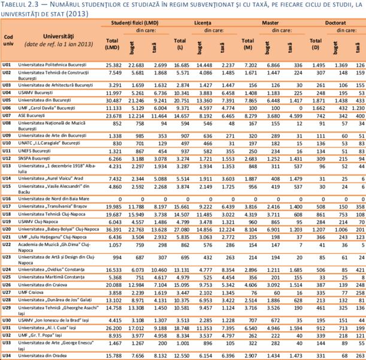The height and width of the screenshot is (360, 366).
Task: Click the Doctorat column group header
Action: (336, 22)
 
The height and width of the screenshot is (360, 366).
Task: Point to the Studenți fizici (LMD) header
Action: (135, 22)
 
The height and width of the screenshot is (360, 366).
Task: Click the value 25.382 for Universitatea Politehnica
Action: (114, 64)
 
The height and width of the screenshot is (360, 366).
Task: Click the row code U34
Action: (8, 355)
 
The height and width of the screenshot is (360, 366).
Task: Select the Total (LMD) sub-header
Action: (112, 44)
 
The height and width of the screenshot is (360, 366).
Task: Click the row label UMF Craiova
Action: (35, 292)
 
